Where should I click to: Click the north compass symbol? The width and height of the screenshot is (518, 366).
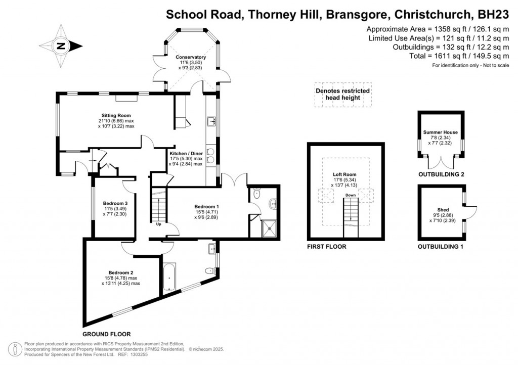click(x=61, y=46)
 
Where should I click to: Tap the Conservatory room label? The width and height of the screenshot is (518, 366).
click(x=191, y=57)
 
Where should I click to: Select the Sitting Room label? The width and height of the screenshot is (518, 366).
click(x=116, y=115)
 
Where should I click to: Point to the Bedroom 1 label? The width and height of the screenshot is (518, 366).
click(x=206, y=206)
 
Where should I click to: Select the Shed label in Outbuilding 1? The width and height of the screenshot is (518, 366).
click(x=443, y=210)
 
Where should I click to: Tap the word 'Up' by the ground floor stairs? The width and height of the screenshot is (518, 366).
click(x=158, y=224)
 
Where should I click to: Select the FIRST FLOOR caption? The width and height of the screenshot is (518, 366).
click(x=326, y=247)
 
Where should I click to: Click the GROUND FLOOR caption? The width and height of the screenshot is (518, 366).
click(x=107, y=334)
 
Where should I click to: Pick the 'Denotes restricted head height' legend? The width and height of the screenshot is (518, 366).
click(x=342, y=94)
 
